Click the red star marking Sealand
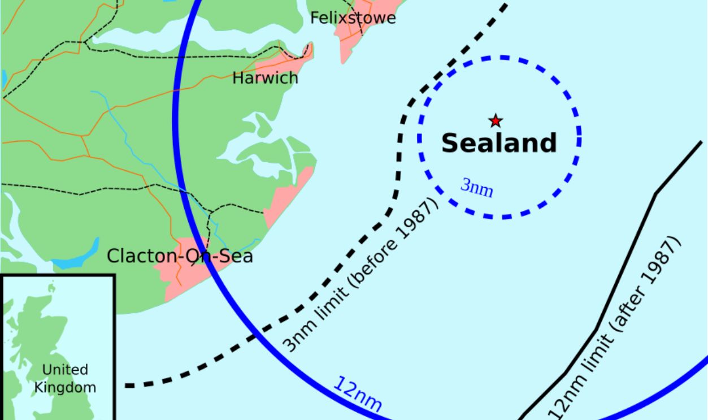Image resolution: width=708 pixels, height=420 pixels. tap(496, 120)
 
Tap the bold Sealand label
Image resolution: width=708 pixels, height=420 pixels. tap(498, 143)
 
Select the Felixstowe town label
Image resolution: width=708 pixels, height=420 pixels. tap(353, 18)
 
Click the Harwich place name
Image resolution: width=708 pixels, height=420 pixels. tap(265, 78)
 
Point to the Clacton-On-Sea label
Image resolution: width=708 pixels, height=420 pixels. tap(180, 257)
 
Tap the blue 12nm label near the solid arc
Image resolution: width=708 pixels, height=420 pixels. tap(358, 393)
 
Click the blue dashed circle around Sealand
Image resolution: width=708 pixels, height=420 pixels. tap(579, 136)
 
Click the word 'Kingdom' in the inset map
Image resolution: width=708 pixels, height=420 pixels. tap(65, 387)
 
